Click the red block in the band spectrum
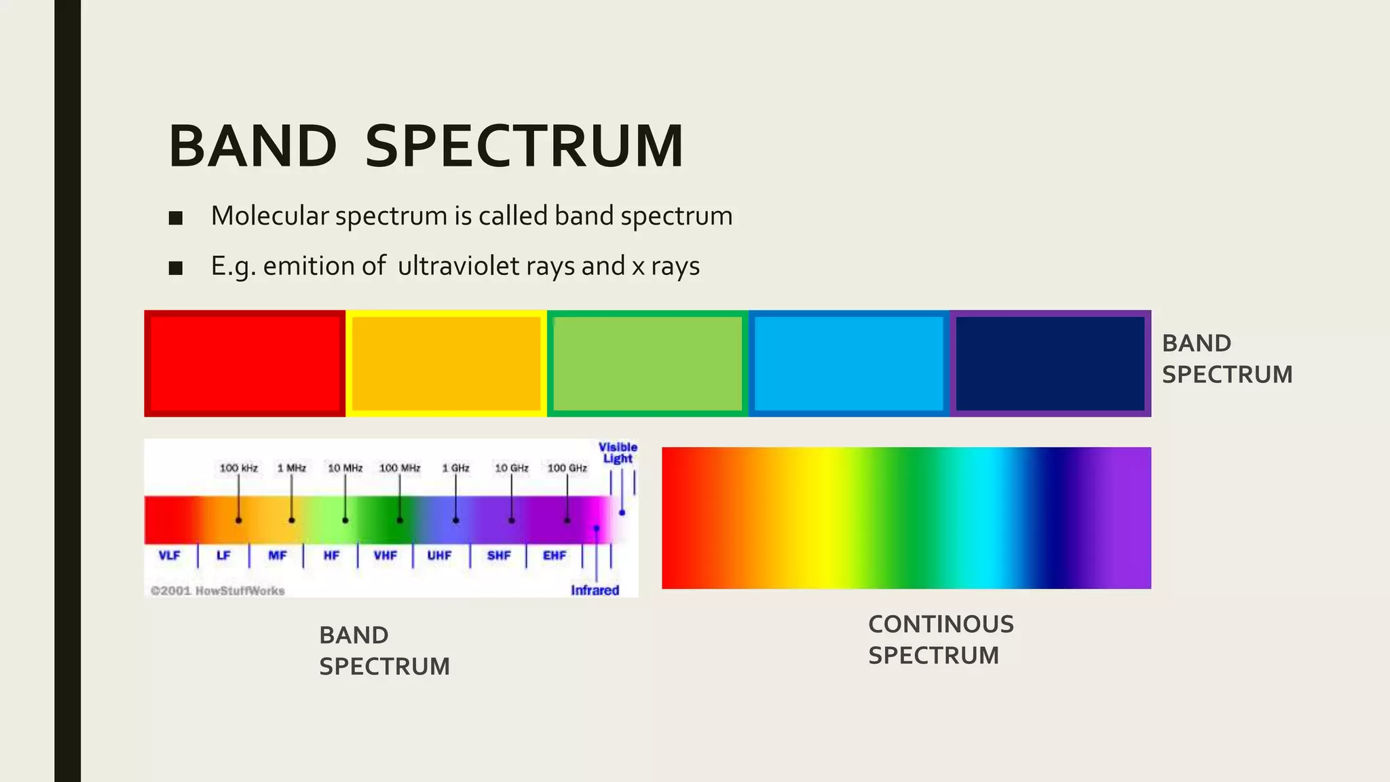point(244,363)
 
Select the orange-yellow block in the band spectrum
point(446,363)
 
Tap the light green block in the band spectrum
point(647,363)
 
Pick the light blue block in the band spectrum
point(848,363)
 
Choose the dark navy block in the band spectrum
point(1050,363)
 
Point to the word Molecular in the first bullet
point(270,216)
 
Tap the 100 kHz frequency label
point(239,468)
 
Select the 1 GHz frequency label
point(456,468)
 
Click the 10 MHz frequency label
point(345,468)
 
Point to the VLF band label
point(169,555)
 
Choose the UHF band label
point(439,555)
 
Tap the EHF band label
point(555,555)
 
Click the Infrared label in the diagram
point(595,590)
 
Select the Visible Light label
point(618,453)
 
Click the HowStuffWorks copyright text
point(218,591)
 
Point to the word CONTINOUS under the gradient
point(941,624)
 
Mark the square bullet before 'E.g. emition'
point(176,267)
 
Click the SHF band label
point(499,555)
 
